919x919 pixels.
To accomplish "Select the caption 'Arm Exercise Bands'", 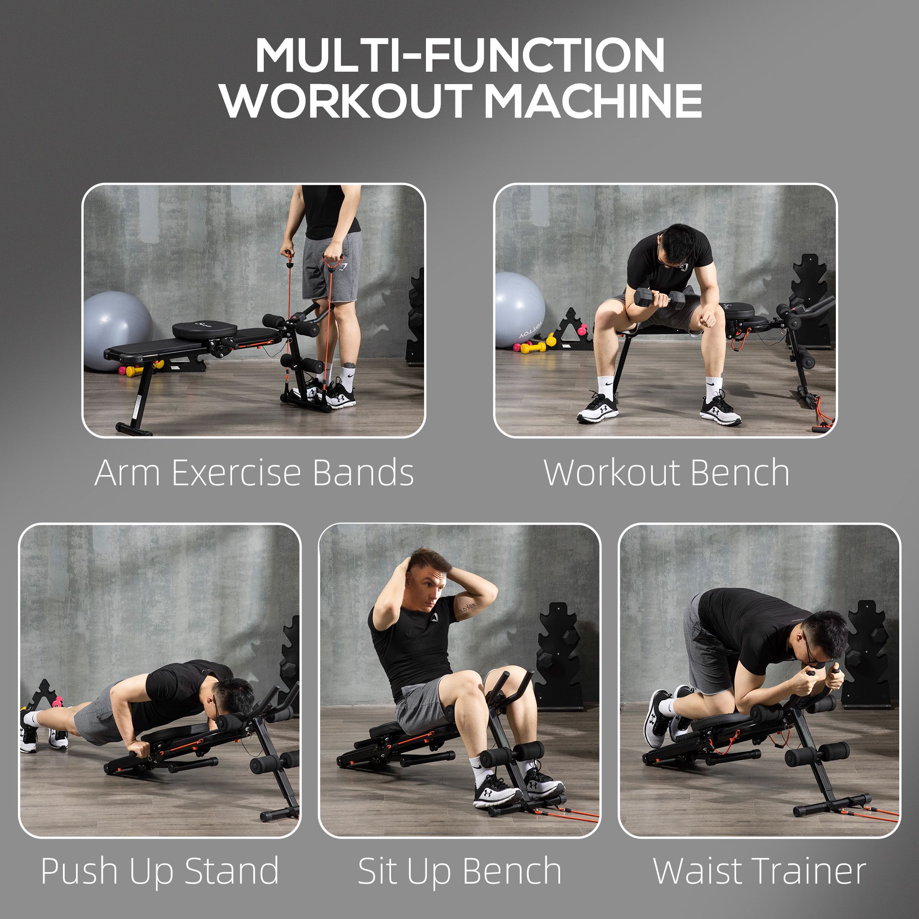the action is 255,473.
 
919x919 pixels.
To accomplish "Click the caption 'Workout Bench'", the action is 666,473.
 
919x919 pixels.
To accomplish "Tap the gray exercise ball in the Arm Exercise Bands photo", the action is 118,331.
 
